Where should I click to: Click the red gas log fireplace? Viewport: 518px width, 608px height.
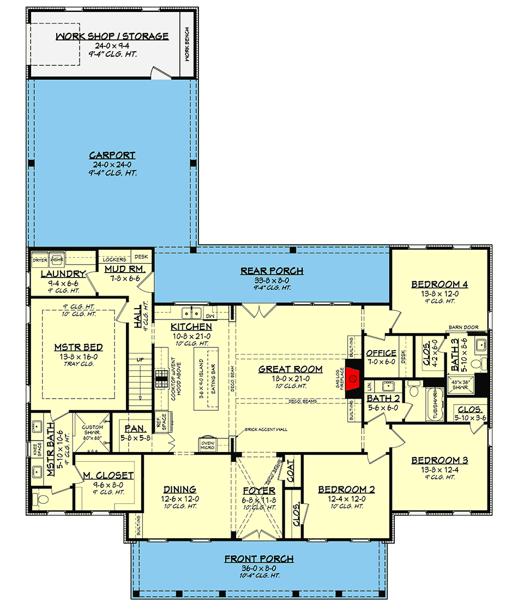point(353,377)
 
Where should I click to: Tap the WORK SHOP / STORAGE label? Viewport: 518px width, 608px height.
point(112,37)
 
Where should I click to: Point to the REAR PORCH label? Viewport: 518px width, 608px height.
point(272,271)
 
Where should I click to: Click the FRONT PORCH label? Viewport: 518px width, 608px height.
point(259,559)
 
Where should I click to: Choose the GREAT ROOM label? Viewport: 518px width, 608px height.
point(291,369)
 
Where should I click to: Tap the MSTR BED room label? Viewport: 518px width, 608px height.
point(79,347)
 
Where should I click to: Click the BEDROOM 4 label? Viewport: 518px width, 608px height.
point(439,284)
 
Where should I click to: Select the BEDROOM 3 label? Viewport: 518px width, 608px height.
point(439,460)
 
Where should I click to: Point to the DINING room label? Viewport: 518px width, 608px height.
point(180,489)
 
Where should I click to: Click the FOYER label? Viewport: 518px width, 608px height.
point(259,491)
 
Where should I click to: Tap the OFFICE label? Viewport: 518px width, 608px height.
point(381,353)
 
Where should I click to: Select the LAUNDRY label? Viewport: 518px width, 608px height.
point(63,274)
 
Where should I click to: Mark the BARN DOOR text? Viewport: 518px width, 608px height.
point(463,328)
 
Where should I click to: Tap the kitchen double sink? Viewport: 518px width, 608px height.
point(191,313)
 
